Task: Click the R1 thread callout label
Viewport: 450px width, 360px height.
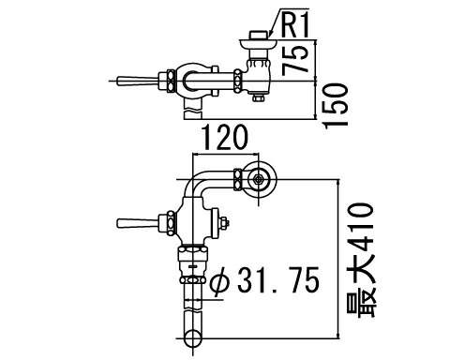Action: tap(295, 25)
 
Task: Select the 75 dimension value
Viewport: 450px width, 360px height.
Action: tap(293, 60)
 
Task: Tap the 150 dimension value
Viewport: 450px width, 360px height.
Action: tap(336, 105)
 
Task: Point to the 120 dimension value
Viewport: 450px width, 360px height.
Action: tap(225, 137)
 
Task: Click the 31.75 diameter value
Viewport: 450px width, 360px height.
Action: tap(278, 279)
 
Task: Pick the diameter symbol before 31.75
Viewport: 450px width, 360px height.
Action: tap(220, 280)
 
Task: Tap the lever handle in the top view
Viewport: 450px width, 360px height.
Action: tap(138, 81)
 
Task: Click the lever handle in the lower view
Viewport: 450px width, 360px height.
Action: tap(138, 223)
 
